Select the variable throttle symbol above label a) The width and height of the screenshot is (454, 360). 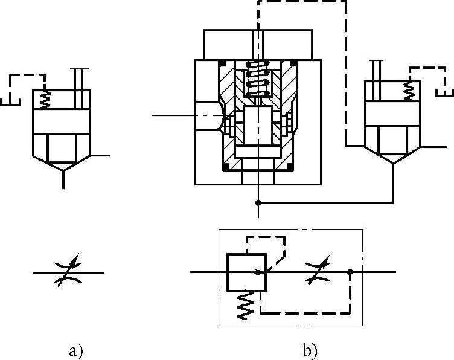[x=68, y=272]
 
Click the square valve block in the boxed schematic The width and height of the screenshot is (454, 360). [x=245, y=272]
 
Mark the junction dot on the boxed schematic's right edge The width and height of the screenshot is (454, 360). [x=350, y=272]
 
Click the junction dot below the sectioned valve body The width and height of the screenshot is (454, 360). [x=259, y=202]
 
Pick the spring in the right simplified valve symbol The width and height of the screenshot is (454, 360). [x=410, y=91]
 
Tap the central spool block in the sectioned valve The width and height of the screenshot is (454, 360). [x=259, y=127]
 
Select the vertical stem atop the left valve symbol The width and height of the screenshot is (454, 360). [x=77, y=79]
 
